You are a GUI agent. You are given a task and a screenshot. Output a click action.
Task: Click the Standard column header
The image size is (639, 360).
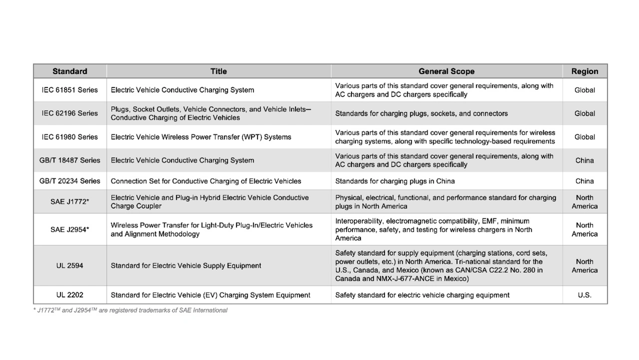(x=70, y=71)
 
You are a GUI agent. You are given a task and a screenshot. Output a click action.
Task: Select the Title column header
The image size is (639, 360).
(x=219, y=71)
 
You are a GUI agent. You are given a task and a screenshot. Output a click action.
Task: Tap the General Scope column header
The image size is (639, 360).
(x=446, y=71)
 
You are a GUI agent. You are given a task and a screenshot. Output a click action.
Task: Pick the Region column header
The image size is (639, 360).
(x=585, y=71)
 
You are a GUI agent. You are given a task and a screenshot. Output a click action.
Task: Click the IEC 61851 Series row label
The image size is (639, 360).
(x=70, y=90)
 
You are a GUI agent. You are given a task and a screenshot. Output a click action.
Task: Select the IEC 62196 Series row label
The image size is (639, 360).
(x=70, y=113)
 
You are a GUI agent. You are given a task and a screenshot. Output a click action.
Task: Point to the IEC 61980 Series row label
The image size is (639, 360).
(x=70, y=137)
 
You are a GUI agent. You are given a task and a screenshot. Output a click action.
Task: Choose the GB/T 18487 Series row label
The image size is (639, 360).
(x=70, y=160)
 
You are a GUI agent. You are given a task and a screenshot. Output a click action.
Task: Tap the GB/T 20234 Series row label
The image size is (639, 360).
(x=70, y=181)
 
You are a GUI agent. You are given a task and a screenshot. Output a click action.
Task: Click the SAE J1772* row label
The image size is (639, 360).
(x=70, y=202)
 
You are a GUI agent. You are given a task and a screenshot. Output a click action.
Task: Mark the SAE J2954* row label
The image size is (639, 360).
(x=70, y=230)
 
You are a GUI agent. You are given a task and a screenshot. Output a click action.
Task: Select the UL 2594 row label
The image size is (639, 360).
(x=70, y=266)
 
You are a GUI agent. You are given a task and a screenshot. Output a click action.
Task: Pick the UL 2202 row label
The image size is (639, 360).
(x=70, y=295)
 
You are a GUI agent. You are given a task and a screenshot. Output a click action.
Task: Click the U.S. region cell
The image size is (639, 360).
(x=585, y=295)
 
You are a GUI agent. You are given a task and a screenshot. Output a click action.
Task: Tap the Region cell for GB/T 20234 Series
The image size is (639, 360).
(x=585, y=181)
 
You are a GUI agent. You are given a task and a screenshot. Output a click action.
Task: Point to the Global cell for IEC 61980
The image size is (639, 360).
(x=585, y=137)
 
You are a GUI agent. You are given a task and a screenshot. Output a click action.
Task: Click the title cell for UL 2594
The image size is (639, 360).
(x=186, y=266)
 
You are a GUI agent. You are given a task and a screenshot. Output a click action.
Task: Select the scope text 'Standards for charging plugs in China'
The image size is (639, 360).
(x=395, y=181)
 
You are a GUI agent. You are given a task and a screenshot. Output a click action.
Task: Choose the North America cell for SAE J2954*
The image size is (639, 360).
(x=585, y=230)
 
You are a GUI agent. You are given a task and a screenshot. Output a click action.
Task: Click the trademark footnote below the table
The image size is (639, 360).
(x=130, y=311)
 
